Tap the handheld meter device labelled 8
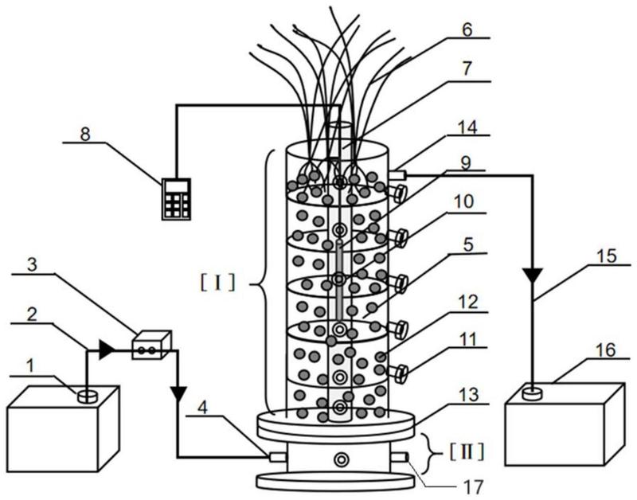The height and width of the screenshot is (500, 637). [175, 199]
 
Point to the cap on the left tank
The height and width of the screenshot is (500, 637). [88, 394]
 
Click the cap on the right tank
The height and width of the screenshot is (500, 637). [530, 392]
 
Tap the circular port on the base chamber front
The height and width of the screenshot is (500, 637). [342, 459]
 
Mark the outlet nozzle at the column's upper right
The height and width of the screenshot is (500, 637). [397, 174]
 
